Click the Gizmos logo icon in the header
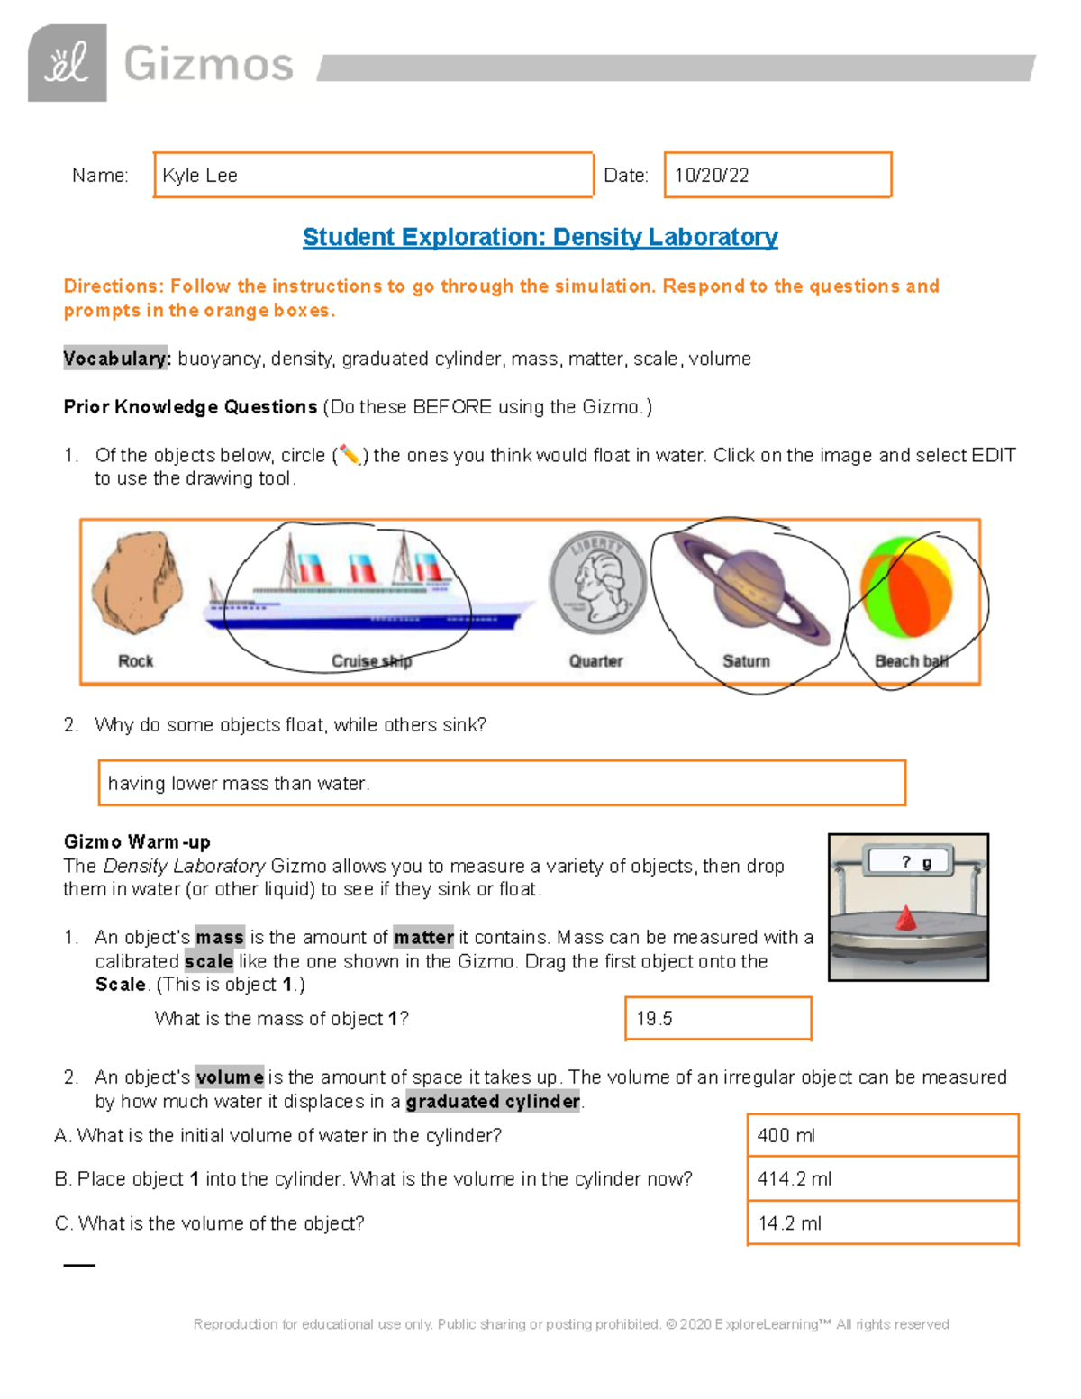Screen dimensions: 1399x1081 pos(68,63)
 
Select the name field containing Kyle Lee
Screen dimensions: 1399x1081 pos(373,175)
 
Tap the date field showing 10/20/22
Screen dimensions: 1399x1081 pos(777,175)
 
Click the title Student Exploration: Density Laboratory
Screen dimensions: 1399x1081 pos(540,237)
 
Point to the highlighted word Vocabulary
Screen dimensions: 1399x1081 pos(116,359)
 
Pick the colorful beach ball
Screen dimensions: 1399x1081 pos(906,587)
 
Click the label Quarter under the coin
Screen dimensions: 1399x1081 pos(595,661)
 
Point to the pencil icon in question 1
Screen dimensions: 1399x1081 pos(349,456)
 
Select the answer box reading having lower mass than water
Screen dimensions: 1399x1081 pos(501,783)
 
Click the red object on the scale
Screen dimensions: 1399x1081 pos(906,919)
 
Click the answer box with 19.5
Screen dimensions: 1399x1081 pos(718,1019)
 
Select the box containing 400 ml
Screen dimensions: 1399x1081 pos(882,1135)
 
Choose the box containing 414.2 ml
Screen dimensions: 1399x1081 pos(882,1178)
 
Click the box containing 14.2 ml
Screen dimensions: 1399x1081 pos(882,1223)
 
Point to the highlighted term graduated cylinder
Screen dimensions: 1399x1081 pos(493,1101)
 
